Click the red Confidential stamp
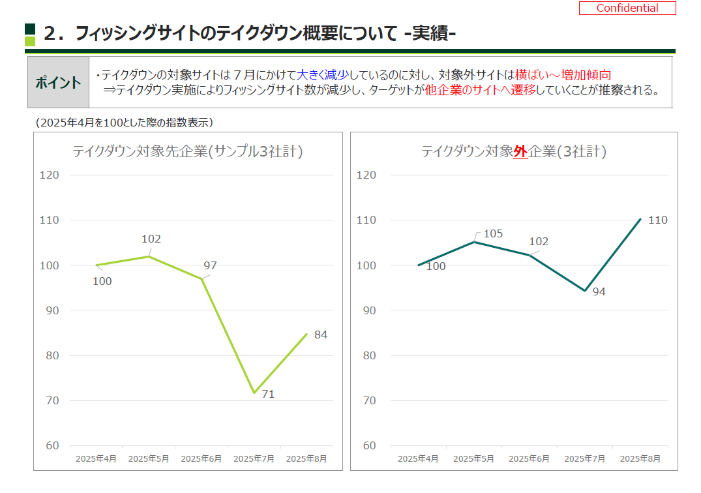[x=627, y=8]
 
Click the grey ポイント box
[x=58, y=83]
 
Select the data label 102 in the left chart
[x=151, y=239]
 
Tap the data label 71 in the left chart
[x=268, y=394]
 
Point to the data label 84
[x=321, y=335]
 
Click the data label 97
[x=210, y=265]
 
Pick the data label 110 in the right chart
[x=658, y=220]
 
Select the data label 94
[x=599, y=291]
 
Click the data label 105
[x=494, y=233]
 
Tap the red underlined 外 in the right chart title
[x=520, y=152]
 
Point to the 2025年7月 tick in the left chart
[x=254, y=458]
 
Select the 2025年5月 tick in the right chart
[x=473, y=458]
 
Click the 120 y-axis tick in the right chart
[x=367, y=175]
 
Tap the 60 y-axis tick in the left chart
[x=51, y=446]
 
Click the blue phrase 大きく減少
[x=322, y=75]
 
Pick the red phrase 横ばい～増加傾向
[x=563, y=75]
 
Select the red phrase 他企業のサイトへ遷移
[x=480, y=90]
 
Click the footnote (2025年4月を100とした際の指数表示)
[x=125, y=122]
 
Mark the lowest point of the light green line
[x=254, y=393]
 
